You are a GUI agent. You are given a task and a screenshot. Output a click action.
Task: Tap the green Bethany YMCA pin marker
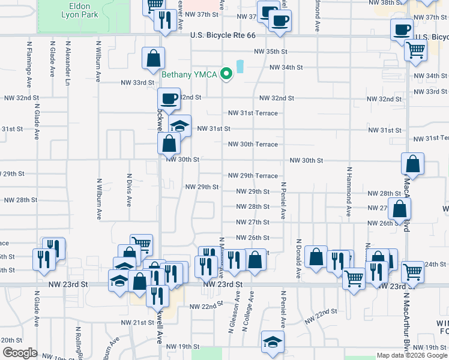tap(226, 74)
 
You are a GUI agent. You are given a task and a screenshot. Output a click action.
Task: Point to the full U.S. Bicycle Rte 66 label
tap(223, 36)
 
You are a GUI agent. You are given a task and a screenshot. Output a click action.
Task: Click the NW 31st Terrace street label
tap(253, 113)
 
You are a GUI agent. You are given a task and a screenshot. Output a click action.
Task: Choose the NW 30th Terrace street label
tap(253, 145)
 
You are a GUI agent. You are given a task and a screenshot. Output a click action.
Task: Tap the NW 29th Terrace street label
tap(253, 176)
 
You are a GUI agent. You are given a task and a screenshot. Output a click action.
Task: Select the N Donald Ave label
tap(298, 259)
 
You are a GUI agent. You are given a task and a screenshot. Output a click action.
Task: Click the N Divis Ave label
tap(128, 190)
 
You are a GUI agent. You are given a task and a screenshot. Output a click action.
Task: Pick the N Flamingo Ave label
tap(28, 60)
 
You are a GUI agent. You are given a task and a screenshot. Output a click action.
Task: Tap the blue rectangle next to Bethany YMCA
tap(240, 66)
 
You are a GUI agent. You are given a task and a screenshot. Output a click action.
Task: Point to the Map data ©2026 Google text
tap(412, 356)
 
